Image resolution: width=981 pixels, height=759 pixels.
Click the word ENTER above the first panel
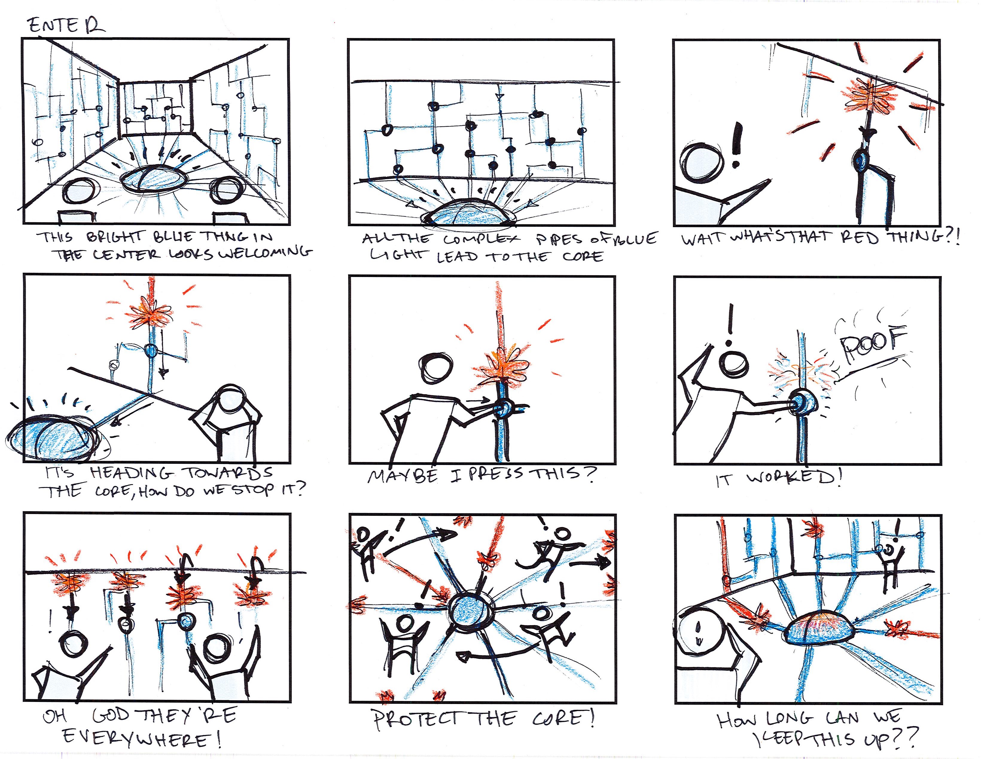66,26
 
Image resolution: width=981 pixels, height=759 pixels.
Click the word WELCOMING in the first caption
265,254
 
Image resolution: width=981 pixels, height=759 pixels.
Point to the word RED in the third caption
860,237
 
